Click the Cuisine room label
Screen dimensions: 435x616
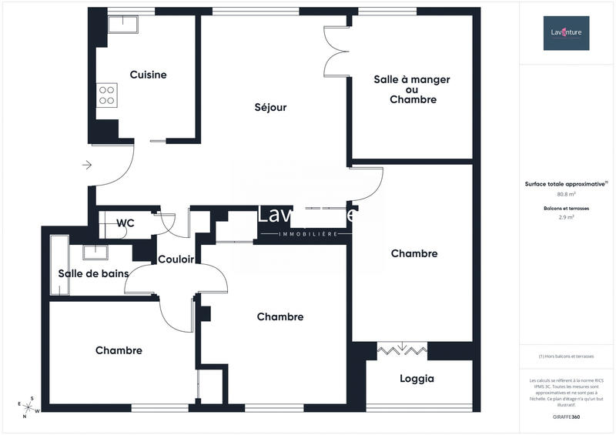point(148,75)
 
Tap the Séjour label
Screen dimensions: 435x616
point(270,107)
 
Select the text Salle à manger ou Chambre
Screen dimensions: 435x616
point(412,89)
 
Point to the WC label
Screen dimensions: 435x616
point(126,223)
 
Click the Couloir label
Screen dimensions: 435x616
point(176,259)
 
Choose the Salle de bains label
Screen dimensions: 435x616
point(93,273)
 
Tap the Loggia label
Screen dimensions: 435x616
point(417,379)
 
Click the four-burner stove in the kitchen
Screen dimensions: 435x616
point(106,95)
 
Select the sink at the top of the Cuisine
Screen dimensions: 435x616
point(121,24)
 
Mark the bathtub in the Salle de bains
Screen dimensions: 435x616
point(59,265)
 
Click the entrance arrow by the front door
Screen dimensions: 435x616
point(87,165)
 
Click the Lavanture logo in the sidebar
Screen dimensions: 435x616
point(566,33)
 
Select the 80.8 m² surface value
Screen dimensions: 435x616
point(566,195)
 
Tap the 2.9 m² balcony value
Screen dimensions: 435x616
point(566,218)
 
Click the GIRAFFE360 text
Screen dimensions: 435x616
point(566,415)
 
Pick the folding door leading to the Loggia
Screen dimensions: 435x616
point(402,350)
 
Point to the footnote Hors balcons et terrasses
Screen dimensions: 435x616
point(566,356)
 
